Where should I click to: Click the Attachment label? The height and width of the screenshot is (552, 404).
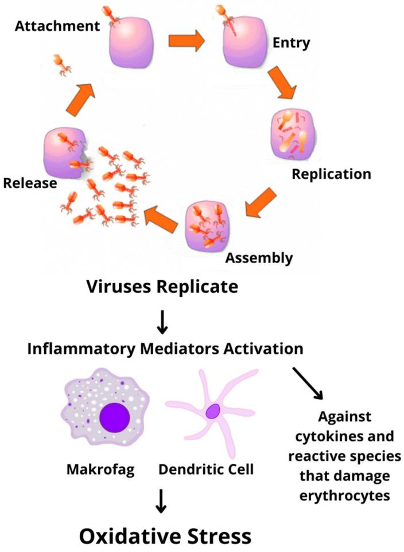point(56,26)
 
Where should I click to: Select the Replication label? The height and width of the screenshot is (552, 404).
point(331,173)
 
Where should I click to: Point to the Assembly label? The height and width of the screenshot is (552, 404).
point(259,257)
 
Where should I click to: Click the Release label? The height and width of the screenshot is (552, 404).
point(30,183)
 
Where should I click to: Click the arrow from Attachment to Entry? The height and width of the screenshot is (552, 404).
point(187,41)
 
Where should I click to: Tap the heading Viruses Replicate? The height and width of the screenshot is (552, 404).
point(161,287)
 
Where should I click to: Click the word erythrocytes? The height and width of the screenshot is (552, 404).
point(341,495)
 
